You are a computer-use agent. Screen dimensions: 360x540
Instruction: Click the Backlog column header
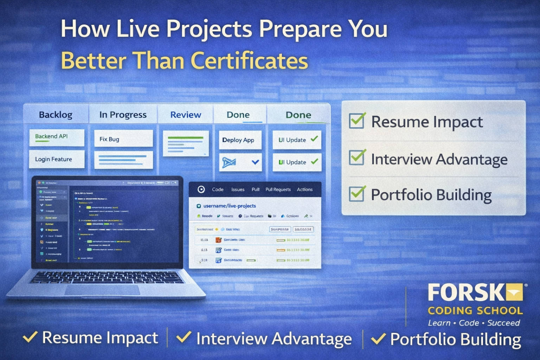coord(56,115)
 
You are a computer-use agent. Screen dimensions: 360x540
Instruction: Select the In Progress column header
coord(123,115)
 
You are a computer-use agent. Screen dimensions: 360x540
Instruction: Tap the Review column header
coord(186,115)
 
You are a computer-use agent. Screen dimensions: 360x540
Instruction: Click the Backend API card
coord(56,137)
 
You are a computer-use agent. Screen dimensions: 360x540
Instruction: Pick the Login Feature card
coord(56,159)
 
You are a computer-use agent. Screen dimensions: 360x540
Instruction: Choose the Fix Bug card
coord(123,139)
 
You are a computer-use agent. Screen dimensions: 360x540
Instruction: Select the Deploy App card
coord(240,140)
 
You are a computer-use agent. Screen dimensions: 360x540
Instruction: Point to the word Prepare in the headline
coord(300,29)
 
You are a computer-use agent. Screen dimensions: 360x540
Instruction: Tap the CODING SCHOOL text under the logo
coord(475,311)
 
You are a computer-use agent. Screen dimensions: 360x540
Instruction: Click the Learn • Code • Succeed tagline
coord(474,323)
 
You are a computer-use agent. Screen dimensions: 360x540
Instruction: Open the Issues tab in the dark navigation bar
coord(238,189)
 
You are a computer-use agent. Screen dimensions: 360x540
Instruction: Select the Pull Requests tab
coord(278,189)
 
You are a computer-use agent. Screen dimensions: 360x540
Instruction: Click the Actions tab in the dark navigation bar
coord(304,189)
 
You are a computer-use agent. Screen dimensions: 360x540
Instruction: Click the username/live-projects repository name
coord(230,206)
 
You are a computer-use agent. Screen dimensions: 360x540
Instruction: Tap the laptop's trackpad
coord(102,290)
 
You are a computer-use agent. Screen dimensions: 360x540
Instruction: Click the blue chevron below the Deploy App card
coord(255,162)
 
